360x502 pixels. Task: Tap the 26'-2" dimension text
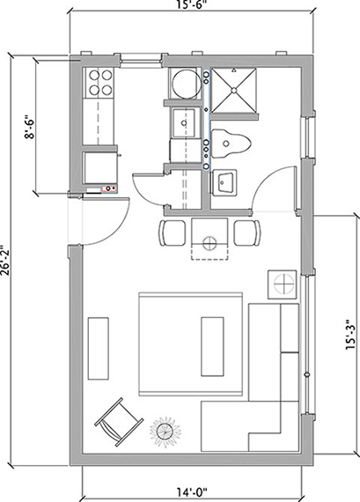click(4, 261)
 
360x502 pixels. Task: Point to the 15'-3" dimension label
click(350, 335)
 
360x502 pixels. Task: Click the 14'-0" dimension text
click(192, 491)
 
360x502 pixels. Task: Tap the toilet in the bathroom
click(231, 144)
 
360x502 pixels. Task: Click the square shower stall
click(234, 90)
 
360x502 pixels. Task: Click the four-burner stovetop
click(100, 83)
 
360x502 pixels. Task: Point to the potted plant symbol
click(165, 432)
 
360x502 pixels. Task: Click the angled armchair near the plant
click(119, 422)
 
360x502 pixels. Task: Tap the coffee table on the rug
click(212, 346)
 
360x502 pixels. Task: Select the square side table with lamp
click(283, 284)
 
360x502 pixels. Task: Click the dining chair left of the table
click(173, 233)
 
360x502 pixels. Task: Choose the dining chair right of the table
click(247, 233)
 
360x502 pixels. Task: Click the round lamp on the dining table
click(209, 243)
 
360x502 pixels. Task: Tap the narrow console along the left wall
click(99, 349)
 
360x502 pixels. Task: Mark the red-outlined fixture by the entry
click(109, 188)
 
